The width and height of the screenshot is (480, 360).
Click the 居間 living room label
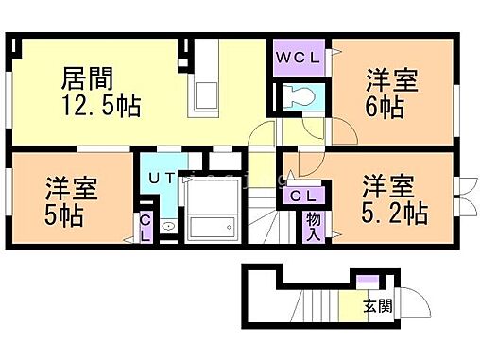pyautogui.click(x=88, y=77)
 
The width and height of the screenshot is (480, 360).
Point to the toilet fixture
pyautogui.click(x=300, y=96)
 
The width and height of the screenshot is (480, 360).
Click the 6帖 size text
pyautogui.click(x=386, y=106)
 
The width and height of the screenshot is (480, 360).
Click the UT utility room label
pyautogui.click(x=159, y=176)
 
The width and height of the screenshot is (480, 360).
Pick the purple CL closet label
pyautogui.click(x=301, y=197)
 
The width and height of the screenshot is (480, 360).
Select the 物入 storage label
pyautogui.click(x=313, y=227)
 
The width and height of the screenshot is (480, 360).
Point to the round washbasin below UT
pyautogui.click(x=167, y=226)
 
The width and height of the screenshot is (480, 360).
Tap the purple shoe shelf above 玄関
pyautogui.click(x=365, y=281)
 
